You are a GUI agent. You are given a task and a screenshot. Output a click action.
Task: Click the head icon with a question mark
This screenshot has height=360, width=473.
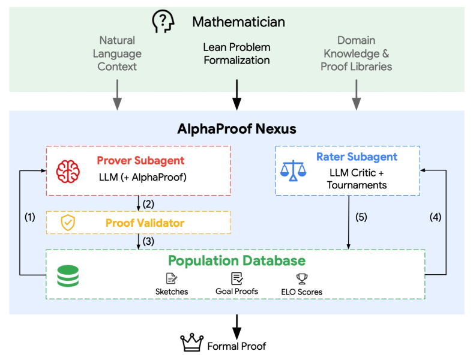[163, 21]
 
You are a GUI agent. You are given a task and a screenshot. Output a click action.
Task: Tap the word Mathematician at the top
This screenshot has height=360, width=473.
[239, 22]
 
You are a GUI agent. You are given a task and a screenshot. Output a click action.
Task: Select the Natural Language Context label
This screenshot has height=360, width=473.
[117, 53]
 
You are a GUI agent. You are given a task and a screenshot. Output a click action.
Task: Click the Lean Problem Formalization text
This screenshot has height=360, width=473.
[237, 53]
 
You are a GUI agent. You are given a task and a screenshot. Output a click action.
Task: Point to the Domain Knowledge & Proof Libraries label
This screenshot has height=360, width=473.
[357, 53]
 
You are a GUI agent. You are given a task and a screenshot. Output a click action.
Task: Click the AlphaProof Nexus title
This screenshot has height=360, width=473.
[237, 129]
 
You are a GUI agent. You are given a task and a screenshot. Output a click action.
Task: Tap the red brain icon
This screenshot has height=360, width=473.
[68, 171]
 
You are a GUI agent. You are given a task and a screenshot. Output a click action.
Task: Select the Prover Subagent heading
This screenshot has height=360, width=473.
[140, 160]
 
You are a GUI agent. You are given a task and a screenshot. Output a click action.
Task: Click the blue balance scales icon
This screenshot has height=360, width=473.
[293, 170]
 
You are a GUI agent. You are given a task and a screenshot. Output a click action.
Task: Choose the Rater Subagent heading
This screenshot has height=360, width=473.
[357, 157]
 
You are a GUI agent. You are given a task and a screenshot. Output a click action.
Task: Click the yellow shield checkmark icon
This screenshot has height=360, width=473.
[68, 223]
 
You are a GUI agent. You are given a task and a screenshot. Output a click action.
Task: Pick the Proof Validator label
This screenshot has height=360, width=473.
[145, 223]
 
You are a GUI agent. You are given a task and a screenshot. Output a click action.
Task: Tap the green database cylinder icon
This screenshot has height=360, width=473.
[68, 275]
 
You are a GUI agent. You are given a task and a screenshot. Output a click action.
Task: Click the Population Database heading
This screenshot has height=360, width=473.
[237, 261]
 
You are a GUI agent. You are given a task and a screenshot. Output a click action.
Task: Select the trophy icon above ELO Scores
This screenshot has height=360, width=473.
[302, 279]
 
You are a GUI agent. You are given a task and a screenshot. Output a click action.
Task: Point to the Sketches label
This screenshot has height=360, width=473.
[172, 292]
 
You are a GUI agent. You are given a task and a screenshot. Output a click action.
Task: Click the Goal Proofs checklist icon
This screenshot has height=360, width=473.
[237, 278]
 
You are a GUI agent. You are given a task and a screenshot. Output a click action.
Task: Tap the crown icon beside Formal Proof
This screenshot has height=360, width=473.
[192, 343]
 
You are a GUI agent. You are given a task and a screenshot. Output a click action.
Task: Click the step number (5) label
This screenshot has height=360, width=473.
[361, 217]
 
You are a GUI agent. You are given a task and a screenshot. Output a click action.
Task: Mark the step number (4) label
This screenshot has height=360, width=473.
[435, 217]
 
